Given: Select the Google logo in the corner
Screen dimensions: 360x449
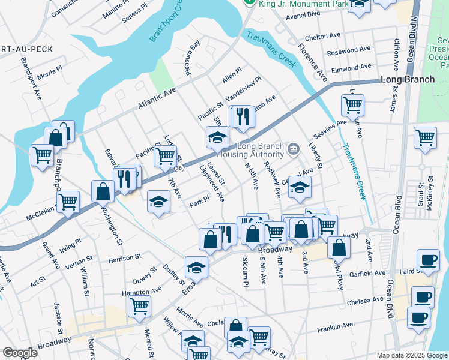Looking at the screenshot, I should tap(20, 353).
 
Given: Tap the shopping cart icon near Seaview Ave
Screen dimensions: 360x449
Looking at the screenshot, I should tap(352, 105).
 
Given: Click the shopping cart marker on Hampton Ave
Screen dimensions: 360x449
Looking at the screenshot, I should tap(139, 306).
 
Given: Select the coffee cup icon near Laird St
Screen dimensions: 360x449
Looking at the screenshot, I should tap(427, 260).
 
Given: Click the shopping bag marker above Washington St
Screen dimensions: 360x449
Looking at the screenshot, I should tap(103, 191).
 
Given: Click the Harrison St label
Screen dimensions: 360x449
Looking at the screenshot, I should tap(124, 258).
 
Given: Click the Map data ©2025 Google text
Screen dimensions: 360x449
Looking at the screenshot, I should tap(412, 355).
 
